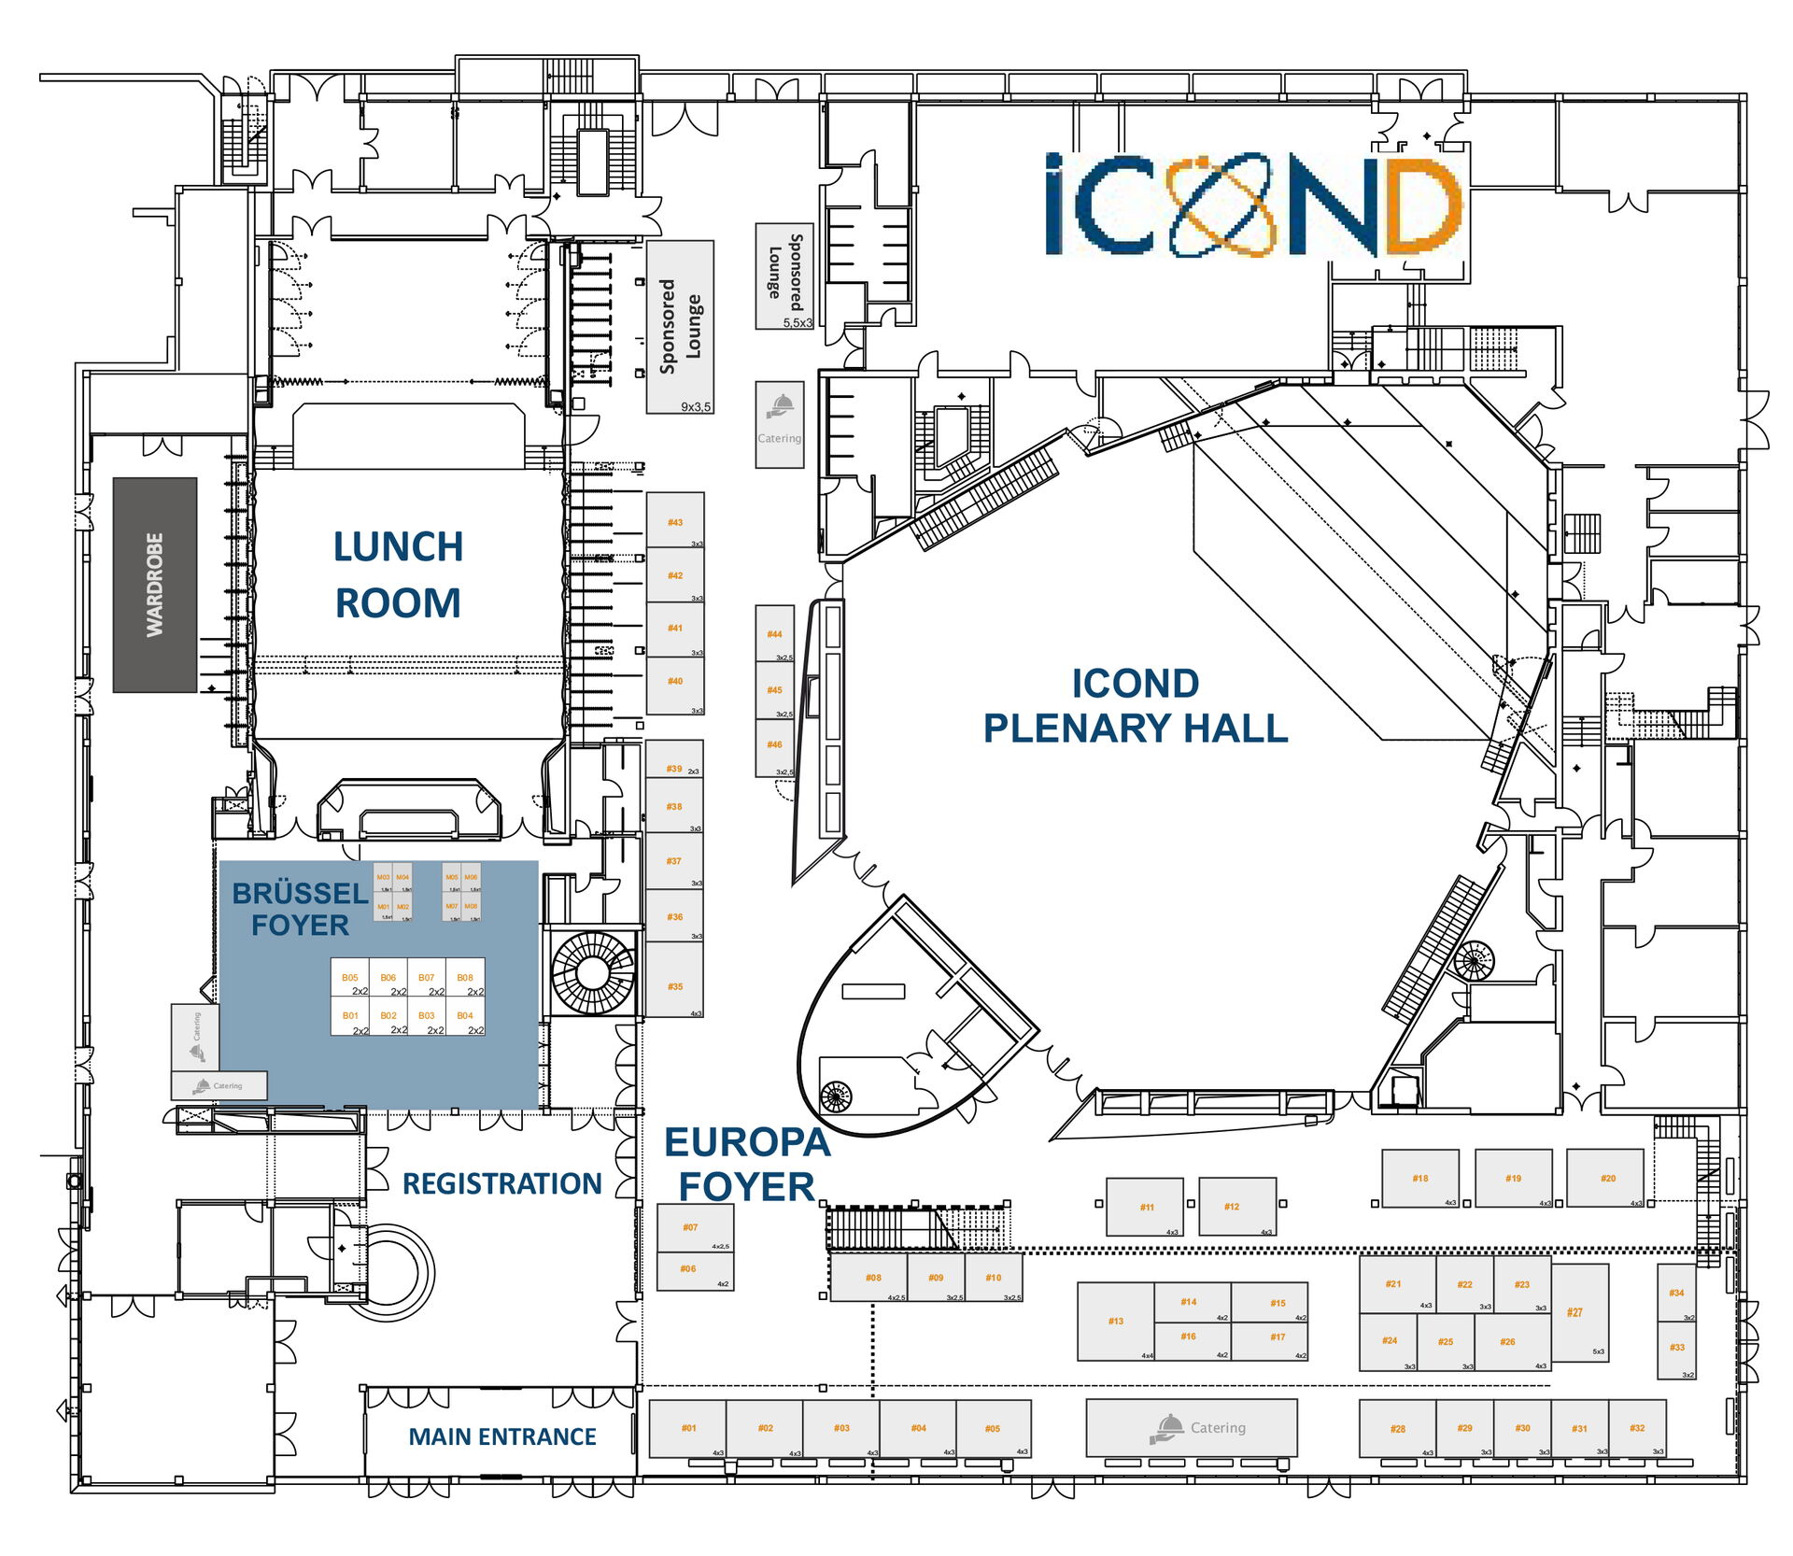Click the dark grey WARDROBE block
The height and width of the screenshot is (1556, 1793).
coord(155,585)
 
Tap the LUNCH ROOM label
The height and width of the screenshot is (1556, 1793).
coord(398,574)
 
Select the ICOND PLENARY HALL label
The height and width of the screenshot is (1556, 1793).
coord(1135,705)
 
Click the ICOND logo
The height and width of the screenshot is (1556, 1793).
coord(1252,205)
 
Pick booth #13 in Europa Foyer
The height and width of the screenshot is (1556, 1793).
coord(1116,1321)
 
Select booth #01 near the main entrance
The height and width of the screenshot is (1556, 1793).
coord(687,1428)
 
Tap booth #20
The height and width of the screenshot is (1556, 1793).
coord(1605,1178)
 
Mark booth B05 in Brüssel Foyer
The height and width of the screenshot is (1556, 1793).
coord(350,977)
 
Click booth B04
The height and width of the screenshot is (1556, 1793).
coord(465,1016)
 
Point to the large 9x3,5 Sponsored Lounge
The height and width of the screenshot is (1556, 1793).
coord(680,327)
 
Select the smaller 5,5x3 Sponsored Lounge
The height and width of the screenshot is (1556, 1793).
coord(784,276)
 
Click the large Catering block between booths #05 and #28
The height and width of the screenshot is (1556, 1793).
coord(1192,1427)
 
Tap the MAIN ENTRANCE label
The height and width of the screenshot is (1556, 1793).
coord(501,1436)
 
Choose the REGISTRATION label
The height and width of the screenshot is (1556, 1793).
coord(501,1183)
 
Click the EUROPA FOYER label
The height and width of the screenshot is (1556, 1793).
coord(746,1164)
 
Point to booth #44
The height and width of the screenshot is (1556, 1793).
coord(774,633)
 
